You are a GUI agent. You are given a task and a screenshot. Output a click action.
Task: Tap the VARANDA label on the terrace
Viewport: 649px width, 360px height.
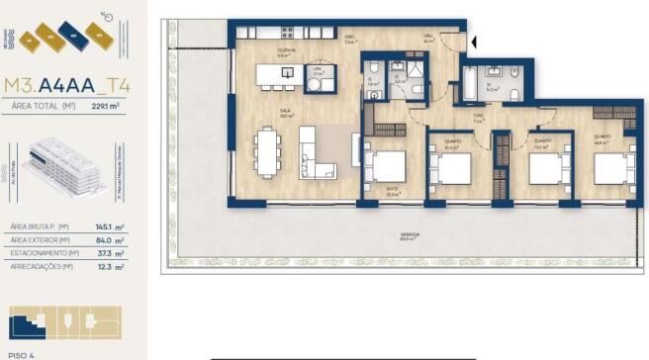coord(410,234)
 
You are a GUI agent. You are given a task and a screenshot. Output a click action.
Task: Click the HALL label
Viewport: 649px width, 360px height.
coord(428,37)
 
